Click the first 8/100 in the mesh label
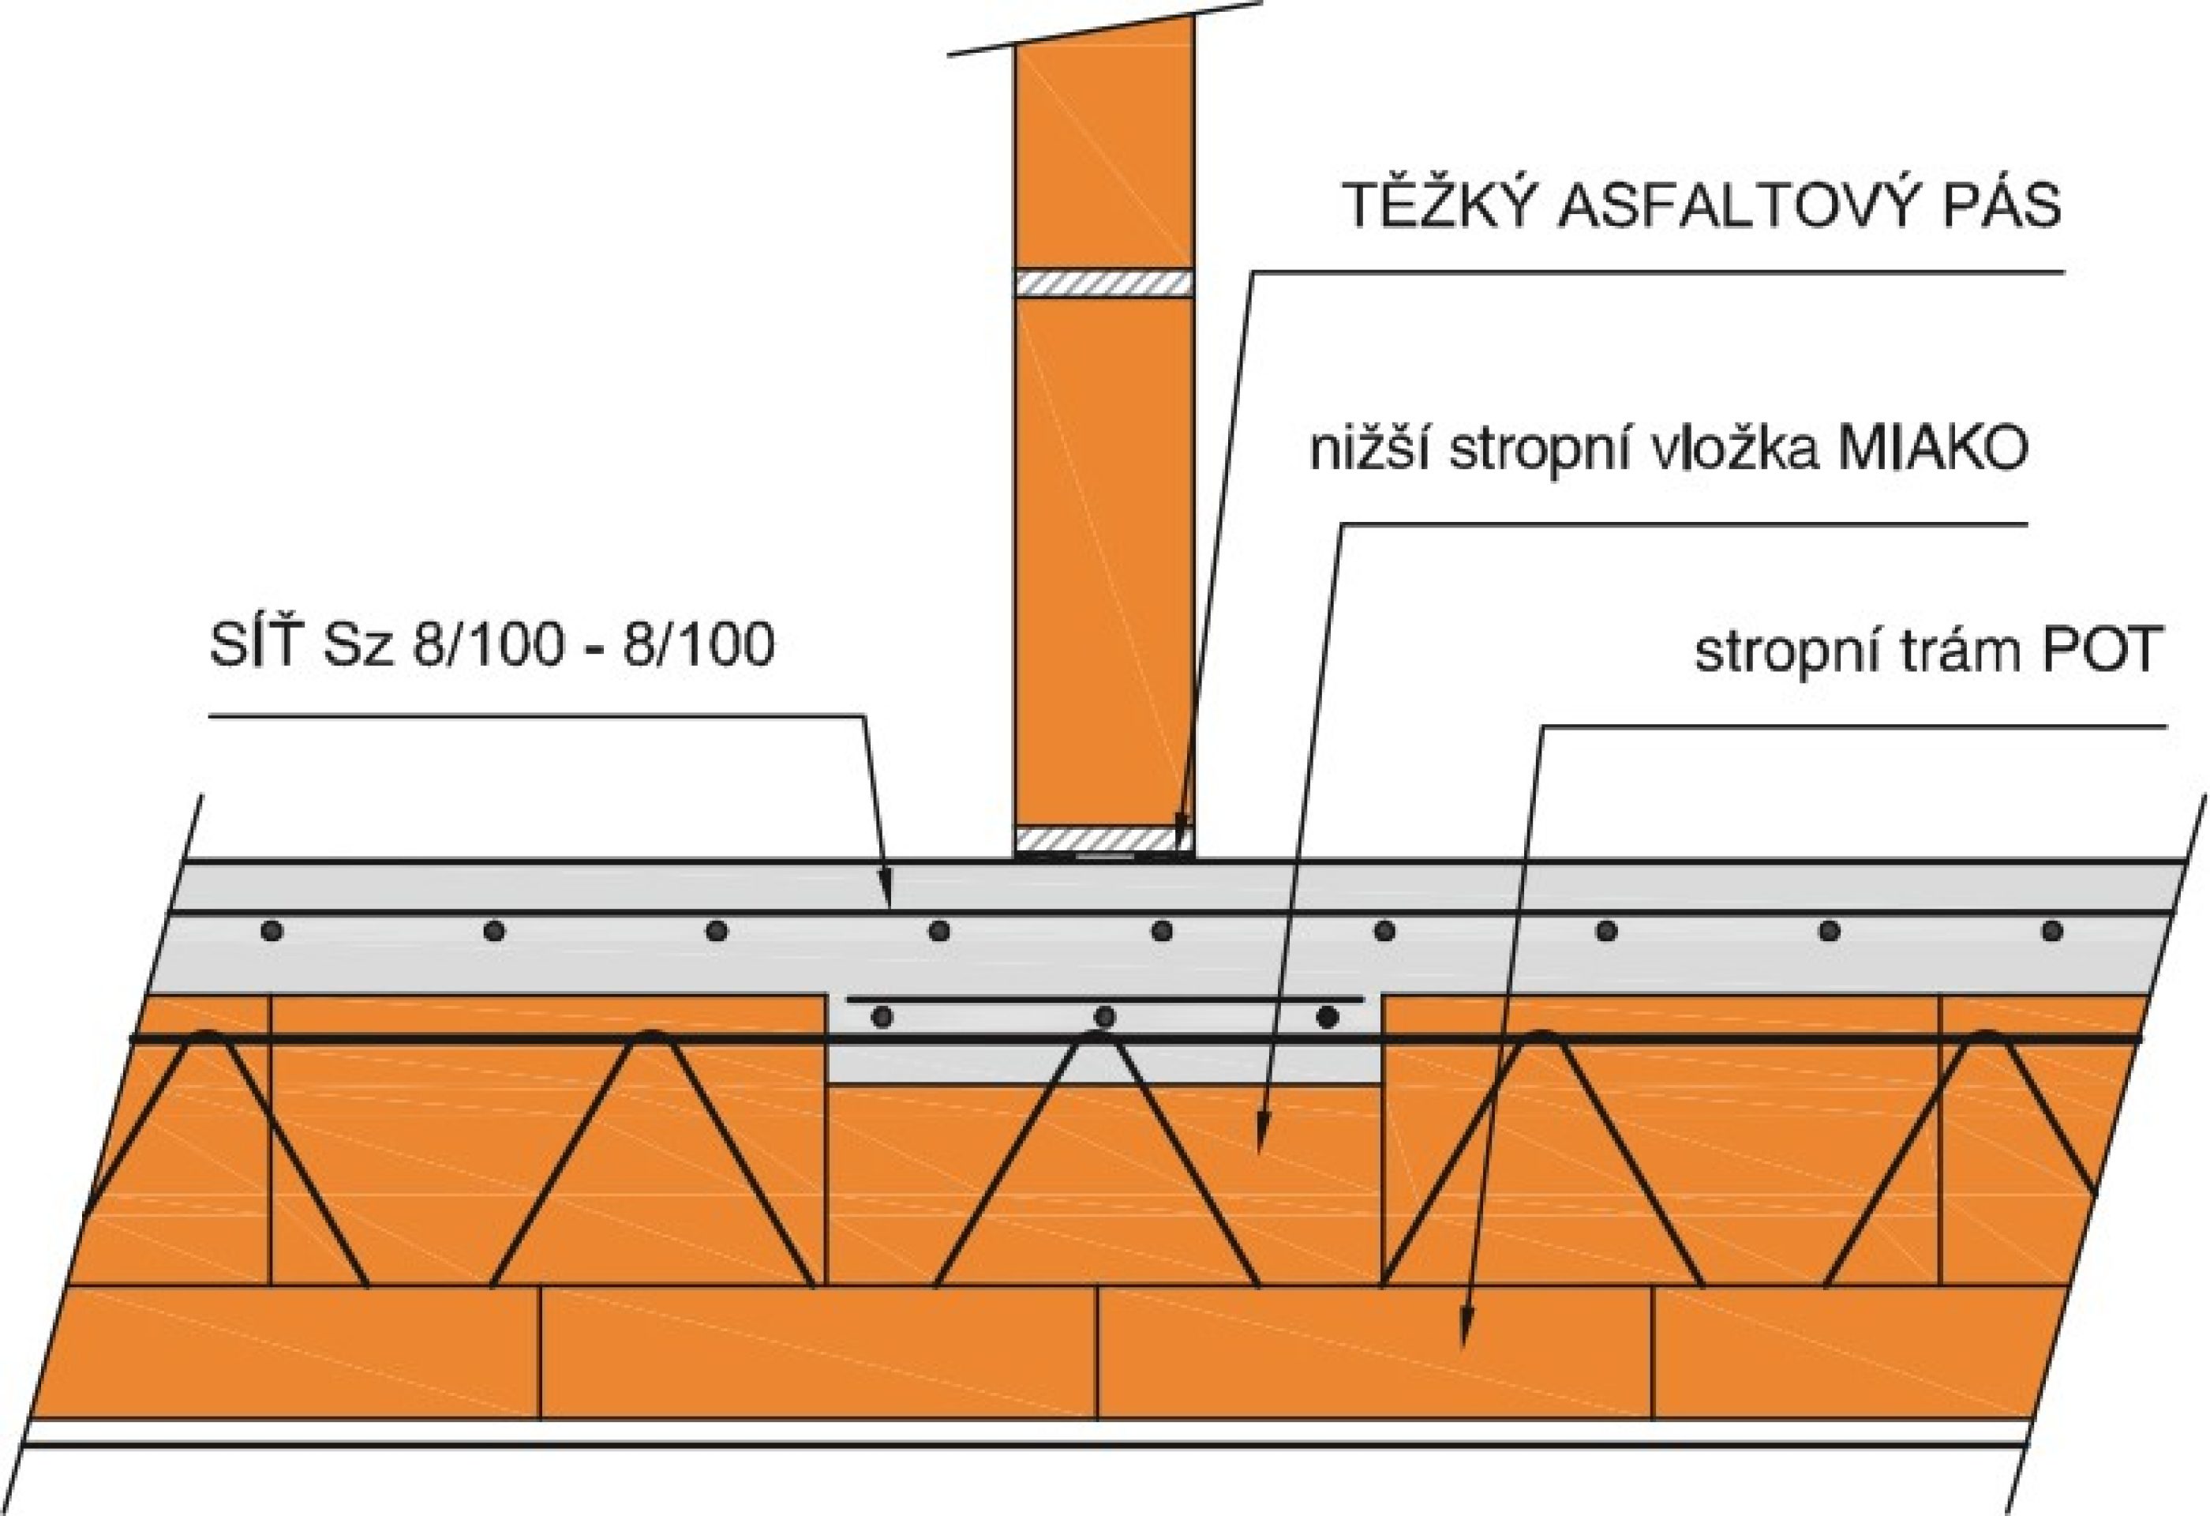485,646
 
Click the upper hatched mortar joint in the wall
1104,283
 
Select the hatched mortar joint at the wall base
1094,839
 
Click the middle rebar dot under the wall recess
1104,1018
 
